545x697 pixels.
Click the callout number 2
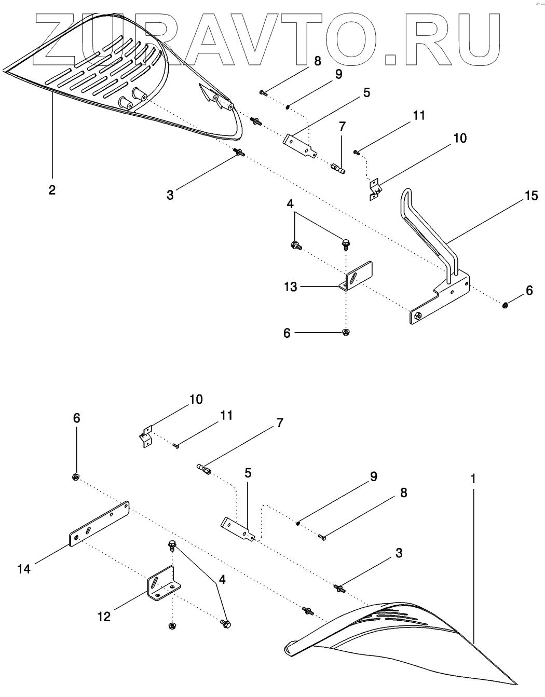52,189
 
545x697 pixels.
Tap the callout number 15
530,196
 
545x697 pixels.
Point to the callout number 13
290,286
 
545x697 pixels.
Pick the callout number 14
24,569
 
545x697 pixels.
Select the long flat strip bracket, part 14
99,524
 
